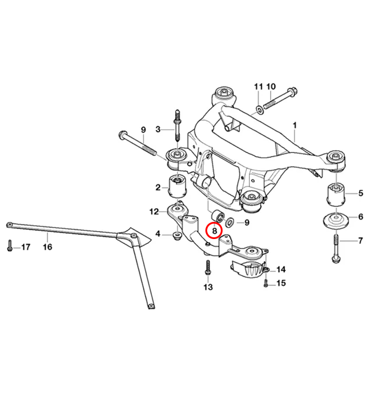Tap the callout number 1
[x=295, y=125]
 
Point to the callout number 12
[x=154, y=211]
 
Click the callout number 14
[x=281, y=269]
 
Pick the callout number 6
[x=360, y=217]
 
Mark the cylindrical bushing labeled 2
[x=179, y=187]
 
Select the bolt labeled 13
[x=208, y=268]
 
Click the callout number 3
[x=158, y=129]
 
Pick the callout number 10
[x=271, y=87]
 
